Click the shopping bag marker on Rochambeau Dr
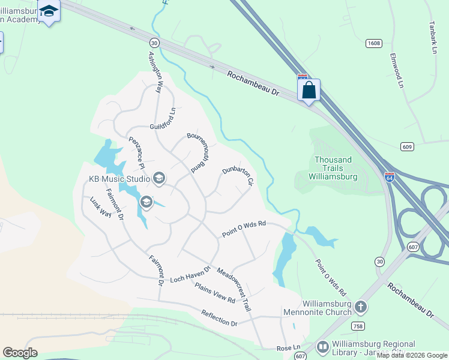point(309,91)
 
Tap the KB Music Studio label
point(119,178)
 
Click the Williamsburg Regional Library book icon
point(322,347)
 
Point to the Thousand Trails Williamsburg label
point(333,169)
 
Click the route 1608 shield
point(373,43)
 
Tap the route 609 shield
point(408,146)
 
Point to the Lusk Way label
point(101,207)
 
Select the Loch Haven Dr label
point(190,275)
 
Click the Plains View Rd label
point(214,291)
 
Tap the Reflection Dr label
point(220,318)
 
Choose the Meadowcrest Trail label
point(234,289)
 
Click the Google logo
point(20,352)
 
